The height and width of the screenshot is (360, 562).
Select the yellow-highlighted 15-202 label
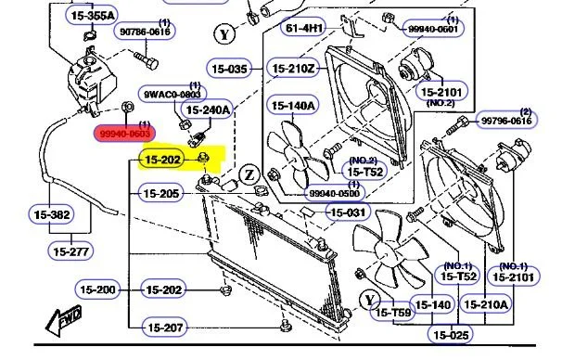tap(161, 161)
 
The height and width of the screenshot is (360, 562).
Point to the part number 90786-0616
tap(146, 32)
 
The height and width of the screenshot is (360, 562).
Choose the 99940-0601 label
tap(433, 29)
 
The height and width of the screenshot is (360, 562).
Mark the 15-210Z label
tap(293, 69)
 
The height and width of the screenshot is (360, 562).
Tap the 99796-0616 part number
tap(506, 121)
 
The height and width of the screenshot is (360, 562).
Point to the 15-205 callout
tap(161, 193)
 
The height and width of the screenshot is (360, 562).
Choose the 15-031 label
tap(349, 212)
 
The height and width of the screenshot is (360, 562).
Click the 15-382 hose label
tap(49, 214)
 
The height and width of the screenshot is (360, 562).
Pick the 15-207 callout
tap(161, 327)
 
